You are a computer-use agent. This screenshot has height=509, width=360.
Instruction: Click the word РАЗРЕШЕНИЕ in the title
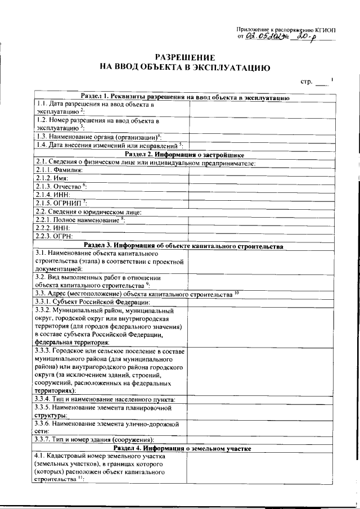tap(185, 58)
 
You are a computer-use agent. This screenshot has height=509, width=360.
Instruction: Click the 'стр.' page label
tap(307, 82)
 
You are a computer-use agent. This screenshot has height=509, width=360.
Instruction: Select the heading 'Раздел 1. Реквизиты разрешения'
tap(185, 97)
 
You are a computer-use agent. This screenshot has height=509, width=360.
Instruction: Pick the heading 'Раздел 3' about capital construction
tap(185, 246)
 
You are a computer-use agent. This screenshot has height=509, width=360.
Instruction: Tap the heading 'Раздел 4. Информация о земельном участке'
tap(185, 448)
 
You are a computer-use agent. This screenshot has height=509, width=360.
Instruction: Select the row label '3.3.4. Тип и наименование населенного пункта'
tap(104, 399)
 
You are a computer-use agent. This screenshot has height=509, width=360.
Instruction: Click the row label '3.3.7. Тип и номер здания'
tap(94, 439)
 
